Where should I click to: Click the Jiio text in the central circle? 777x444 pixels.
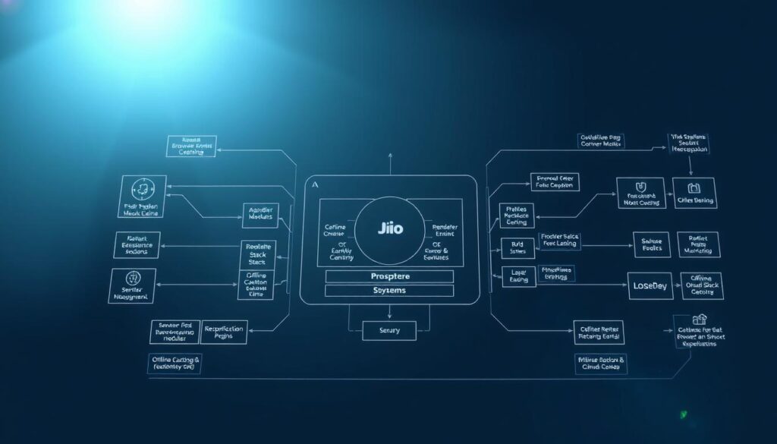pos(389,228)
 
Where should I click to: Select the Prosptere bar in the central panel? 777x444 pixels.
pos(388,276)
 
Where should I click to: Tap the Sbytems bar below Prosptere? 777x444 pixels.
pos(388,291)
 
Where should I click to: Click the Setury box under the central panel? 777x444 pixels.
pos(388,330)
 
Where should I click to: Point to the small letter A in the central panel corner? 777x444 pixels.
pos(314,185)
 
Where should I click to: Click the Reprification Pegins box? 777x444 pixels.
pos(224,332)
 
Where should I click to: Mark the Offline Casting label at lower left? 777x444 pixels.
pos(175,364)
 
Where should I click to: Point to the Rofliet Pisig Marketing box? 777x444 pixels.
pos(698,244)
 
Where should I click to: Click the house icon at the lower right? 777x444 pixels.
pos(699,320)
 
